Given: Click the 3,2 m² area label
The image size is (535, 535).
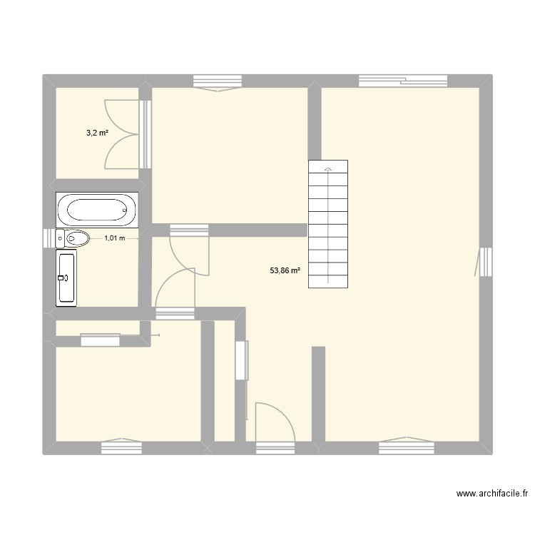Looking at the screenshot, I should click(x=98, y=133).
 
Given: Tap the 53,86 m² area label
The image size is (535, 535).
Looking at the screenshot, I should click(x=285, y=270).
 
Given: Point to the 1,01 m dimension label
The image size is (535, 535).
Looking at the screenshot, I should click(x=114, y=238).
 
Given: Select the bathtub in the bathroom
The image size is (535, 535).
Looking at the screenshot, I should click(x=98, y=210).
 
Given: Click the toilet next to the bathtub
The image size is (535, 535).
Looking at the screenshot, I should click(x=73, y=238).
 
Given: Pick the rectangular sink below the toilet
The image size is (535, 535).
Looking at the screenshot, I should click(x=66, y=277).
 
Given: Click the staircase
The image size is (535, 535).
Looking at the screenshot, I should click(x=328, y=224).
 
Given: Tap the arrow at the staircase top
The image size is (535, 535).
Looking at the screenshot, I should click(x=328, y=170).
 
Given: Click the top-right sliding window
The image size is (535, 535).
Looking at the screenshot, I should click(x=403, y=81).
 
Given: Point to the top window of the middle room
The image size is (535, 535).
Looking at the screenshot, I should click(x=217, y=82).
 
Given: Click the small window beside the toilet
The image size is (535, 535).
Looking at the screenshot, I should click(x=49, y=238).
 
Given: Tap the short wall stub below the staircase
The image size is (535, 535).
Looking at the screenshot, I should click(x=318, y=392).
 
